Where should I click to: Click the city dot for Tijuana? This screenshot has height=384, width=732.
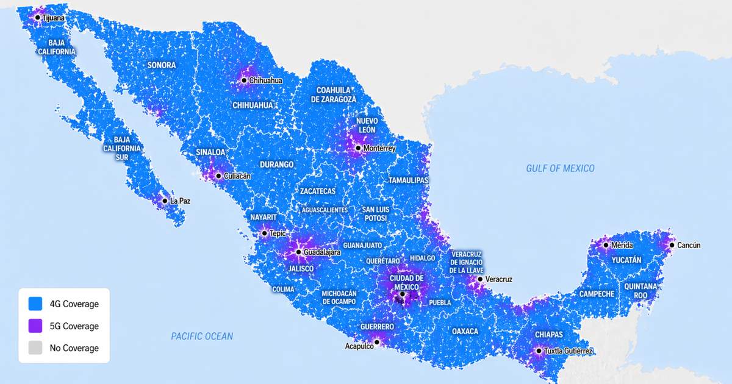click(x=37, y=18)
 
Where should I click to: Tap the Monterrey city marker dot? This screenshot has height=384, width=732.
click(x=358, y=148)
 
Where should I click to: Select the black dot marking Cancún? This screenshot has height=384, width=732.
click(x=672, y=246)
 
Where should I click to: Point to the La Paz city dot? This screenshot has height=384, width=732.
click(x=165, y=201)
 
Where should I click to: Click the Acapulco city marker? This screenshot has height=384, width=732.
click(x=377, y=343)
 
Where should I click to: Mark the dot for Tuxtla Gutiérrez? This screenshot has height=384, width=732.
click(x=539, y=351)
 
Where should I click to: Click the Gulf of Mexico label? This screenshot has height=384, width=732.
click(x=560, y=168)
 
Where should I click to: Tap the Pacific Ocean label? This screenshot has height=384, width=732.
click(x=202, y=336)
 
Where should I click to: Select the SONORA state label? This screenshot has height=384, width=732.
click(x=161, y=65)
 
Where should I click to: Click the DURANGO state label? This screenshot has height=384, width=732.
click(x=276, y=165)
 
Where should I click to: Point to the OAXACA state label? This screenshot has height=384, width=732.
click(x=465, y=331)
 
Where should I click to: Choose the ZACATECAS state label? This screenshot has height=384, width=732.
click(x=317, y=191)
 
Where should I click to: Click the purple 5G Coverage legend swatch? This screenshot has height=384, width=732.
click(x=35, y=326)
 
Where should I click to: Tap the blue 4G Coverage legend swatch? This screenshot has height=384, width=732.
click(x=35, y=304)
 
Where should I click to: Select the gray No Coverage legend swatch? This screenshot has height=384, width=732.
click(x=35, y=348)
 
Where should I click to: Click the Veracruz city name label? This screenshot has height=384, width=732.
click(x=498, y=279)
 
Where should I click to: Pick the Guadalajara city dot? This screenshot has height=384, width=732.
click(x=298, y=252)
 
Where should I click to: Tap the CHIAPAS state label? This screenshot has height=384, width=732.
click(x=548, y=335)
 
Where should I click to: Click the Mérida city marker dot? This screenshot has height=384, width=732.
click(x=606, y=245)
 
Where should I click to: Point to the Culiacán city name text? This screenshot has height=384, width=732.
click(x=237, y=176)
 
